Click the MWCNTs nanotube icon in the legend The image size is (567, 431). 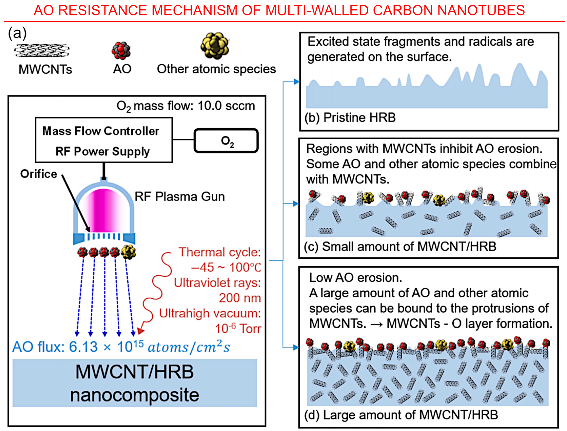42,50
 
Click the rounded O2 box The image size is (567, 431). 226,141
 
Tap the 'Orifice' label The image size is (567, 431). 38,174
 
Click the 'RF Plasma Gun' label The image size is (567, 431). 180,197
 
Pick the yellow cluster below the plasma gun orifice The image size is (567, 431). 128,252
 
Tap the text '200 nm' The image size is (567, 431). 240,298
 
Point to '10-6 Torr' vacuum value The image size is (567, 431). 238,328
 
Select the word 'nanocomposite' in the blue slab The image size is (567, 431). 134,395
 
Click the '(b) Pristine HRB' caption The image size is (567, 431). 350,117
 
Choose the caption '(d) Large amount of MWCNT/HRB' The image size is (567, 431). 401,415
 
